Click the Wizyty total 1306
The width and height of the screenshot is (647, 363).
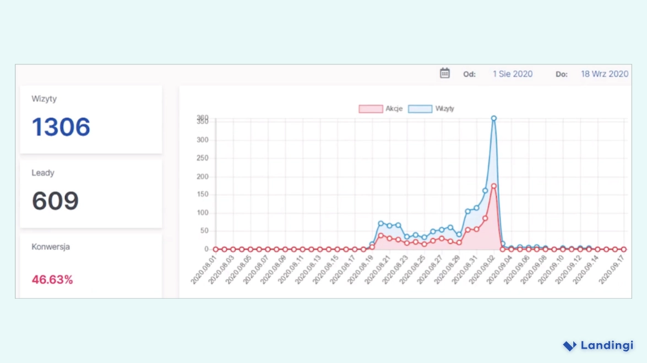click(61, 127)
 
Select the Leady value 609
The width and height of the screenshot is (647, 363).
click(55, 201)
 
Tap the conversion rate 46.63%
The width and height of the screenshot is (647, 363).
click(52, 279)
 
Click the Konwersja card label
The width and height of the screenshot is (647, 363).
click(51, 247)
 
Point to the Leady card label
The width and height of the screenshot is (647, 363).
click(43, 173)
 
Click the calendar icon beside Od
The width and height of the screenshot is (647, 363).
click(445, 73)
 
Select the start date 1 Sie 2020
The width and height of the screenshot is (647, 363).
click(513, 74)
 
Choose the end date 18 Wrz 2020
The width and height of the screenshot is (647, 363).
click(605, 74)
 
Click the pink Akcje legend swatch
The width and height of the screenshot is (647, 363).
click(370, 109)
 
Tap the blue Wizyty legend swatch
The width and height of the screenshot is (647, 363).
click(420, 109)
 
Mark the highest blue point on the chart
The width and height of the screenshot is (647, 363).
click(494, 118)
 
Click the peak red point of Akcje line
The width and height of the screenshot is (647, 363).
click(494, 186)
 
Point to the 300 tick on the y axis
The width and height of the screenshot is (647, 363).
click(203, 140)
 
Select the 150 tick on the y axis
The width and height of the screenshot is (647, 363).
click(203, 194)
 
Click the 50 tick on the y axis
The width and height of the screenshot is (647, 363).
click(204, 231)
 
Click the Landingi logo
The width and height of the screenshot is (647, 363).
click(598, 345)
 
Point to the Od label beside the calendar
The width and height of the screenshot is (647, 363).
click(469, 74)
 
